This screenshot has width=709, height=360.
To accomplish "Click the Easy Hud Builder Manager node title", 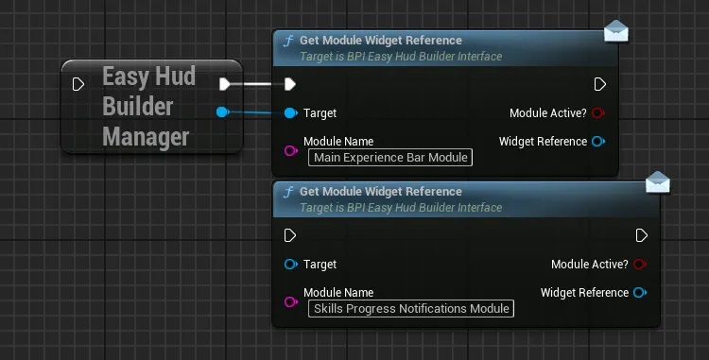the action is point(148,106).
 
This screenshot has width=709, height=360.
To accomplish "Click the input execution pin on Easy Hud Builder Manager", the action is point(78,84).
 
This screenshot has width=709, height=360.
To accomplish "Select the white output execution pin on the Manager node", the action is point(225,84).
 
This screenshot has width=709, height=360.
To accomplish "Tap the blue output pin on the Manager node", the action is point(222,112).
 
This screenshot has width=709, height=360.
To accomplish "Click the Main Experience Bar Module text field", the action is point(390,157).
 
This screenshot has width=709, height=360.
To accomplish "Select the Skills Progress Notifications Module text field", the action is point(411,309).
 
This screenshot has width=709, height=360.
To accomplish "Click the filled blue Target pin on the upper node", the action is point(291,113).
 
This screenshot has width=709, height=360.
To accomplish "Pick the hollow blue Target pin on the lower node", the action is point(291,265).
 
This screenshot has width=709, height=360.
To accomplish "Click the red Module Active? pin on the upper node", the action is point(598,113).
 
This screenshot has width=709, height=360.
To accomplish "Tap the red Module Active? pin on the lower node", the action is point(640,265).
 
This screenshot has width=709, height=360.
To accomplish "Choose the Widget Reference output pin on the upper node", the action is point(598,142).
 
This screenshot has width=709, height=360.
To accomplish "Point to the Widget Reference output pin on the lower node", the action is point(640,293).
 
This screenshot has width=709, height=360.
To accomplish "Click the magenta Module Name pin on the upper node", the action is point(291,150).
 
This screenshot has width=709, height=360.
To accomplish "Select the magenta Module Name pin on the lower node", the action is point(291,301).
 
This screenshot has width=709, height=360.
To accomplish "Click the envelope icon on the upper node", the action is point(616,31).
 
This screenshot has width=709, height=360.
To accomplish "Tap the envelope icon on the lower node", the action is point(658,182).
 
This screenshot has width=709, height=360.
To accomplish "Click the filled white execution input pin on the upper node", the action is point(290,84).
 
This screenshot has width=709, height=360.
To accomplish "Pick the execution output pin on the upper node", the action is point(599,84).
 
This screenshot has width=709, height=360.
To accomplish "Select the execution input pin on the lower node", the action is point(290,235).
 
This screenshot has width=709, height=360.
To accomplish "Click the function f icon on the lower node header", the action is point(288,193).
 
